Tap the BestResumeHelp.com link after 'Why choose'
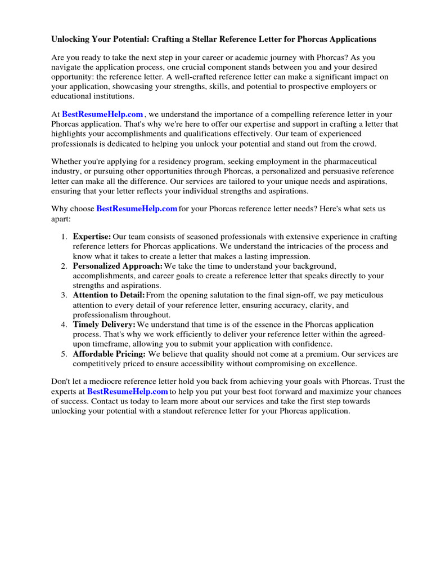pos(137,208)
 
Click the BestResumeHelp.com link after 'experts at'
pos(128,390)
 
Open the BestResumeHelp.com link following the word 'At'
pos(102,114)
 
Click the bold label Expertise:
pos(92,237)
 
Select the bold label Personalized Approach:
pos(118,266)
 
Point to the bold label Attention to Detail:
pos(109,295)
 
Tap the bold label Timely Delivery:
pos(104,325)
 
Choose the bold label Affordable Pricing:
pos(109,354)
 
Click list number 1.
pos(64,237)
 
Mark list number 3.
pos(64,295)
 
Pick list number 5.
pos(64,354)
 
